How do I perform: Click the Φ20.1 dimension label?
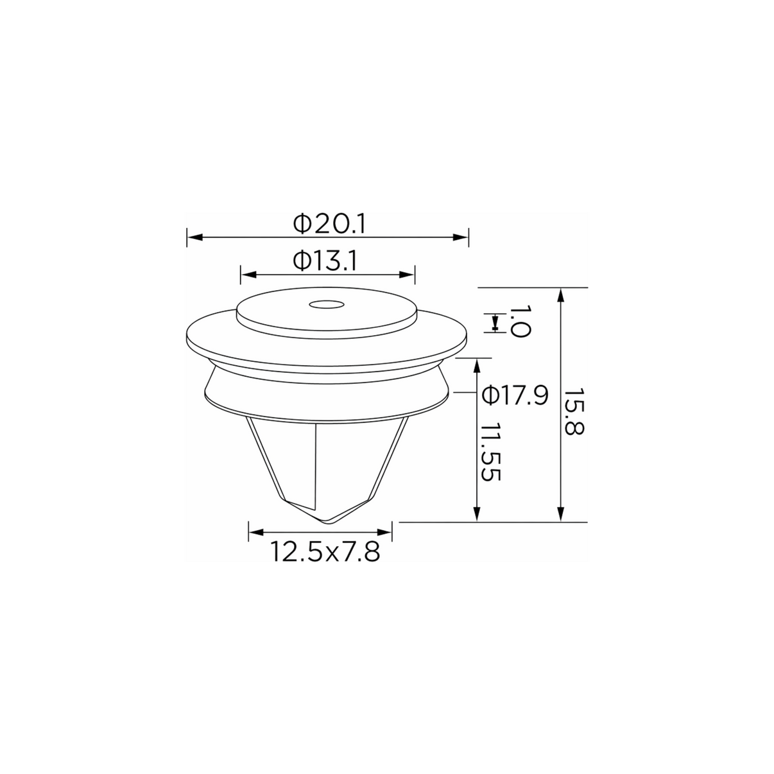pyautogui.click(x=329, y=224)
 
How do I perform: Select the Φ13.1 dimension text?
pyautogui.click(x=325, y=261)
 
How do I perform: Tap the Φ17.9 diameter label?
pyautogui.click(x=515, y=395)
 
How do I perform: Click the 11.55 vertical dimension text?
pyautogui.click(x=490, y=452)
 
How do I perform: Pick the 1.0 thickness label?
pyautogui.click(x=520, y=322)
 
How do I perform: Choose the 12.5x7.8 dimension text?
pyautogui.click(x=325, y=552)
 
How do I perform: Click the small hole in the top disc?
pyautogui.click(x=327, y=305)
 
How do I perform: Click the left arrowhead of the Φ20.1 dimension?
pyautogui.click(x=194, y=237)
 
